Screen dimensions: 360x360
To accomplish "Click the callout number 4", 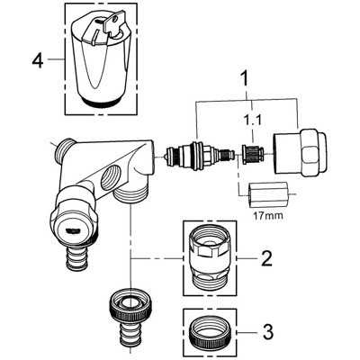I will (37, 60).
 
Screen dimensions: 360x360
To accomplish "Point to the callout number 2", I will (266, 258).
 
